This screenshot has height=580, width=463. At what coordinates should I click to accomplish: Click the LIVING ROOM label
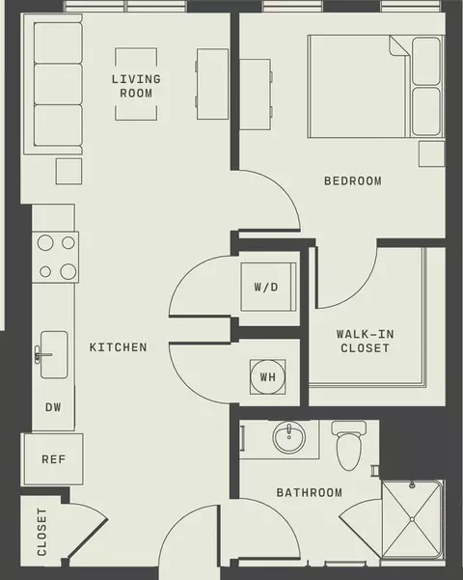coord(136,86)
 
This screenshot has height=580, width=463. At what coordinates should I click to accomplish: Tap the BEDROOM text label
coord(353,180)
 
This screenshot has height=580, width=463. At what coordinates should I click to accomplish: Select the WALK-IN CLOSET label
coord(365,341)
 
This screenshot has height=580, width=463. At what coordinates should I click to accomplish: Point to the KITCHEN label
coord(118,347)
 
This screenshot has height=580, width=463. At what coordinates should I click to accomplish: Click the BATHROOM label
coord(310,492)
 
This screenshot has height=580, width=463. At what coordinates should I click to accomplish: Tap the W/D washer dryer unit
coord(268,287)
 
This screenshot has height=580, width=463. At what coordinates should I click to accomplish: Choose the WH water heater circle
coord(268,377)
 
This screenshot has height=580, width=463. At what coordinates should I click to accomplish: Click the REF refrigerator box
coord(54,459)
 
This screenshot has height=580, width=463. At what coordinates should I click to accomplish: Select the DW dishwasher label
coord(53,407)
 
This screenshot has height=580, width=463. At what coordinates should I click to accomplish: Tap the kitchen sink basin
coord(54,355)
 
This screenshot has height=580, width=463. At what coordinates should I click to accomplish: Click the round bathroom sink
coord(288,437)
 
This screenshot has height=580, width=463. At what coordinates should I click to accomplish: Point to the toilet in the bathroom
coord(349,445)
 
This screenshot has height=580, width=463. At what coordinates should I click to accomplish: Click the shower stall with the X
coord(412,519)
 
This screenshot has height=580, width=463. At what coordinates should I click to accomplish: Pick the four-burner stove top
coord(56,258)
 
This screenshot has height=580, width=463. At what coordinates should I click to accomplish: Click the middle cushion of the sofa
coord(58,84)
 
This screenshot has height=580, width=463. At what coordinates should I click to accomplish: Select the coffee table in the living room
coord(136,84)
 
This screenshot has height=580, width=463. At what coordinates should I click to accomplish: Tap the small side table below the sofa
coord(68,171)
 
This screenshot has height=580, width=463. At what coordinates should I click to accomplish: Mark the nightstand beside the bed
coord(431,153)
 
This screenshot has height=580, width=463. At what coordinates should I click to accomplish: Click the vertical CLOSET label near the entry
coord(41,532)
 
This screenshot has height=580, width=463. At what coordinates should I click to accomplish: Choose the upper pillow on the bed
coord(426,61)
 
